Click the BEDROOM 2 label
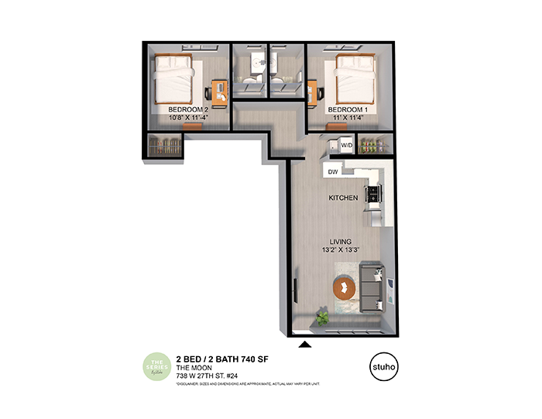point(189,110)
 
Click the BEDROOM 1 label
point(347,110)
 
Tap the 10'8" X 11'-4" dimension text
point(189,118)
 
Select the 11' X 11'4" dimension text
point(347,118)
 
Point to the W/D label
point(346,145)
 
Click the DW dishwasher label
point(332,171)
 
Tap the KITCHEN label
point(343,198)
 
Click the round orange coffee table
point(343,288)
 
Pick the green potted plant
point(321,316)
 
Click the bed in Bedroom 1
point(354,81)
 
